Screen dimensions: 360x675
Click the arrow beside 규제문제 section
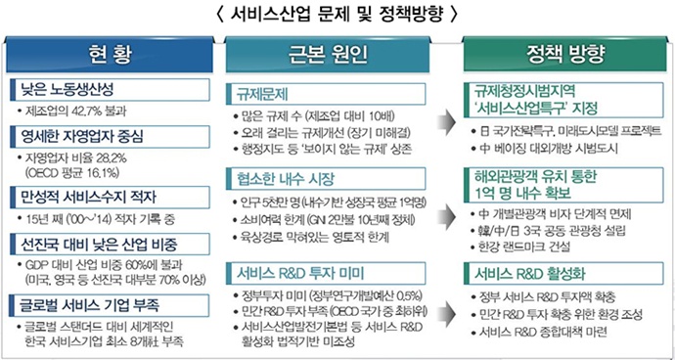coord(445,124)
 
